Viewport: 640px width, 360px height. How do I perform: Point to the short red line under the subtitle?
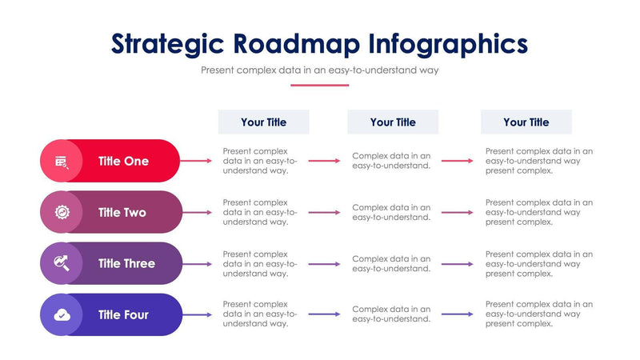point(320,85)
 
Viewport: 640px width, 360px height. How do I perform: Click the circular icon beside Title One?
point(62,161)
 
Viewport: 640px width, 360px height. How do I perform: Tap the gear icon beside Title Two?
point(62,212)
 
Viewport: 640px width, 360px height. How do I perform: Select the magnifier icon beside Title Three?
point(62,263)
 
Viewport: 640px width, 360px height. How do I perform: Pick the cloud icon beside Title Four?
point(62,314)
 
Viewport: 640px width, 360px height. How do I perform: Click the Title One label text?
point(123,161)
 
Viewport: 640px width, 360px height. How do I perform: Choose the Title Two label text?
point(122,212)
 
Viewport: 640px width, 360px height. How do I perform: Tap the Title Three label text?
point(126,263)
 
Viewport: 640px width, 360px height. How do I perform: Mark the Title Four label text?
point(123,314)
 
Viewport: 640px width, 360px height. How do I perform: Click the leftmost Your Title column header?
point(263,122)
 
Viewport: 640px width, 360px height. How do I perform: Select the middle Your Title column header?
point(393,122)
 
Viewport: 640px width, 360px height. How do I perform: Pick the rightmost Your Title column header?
point(526,122)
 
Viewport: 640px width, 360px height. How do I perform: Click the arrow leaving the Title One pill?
point(197,161)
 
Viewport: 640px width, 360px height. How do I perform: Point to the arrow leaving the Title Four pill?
point(197,314)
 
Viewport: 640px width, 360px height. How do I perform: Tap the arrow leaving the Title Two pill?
point(197,212)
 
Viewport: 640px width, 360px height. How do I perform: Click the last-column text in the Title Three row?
point(538,263)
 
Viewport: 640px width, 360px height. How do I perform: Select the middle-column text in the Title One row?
point(392,161)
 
